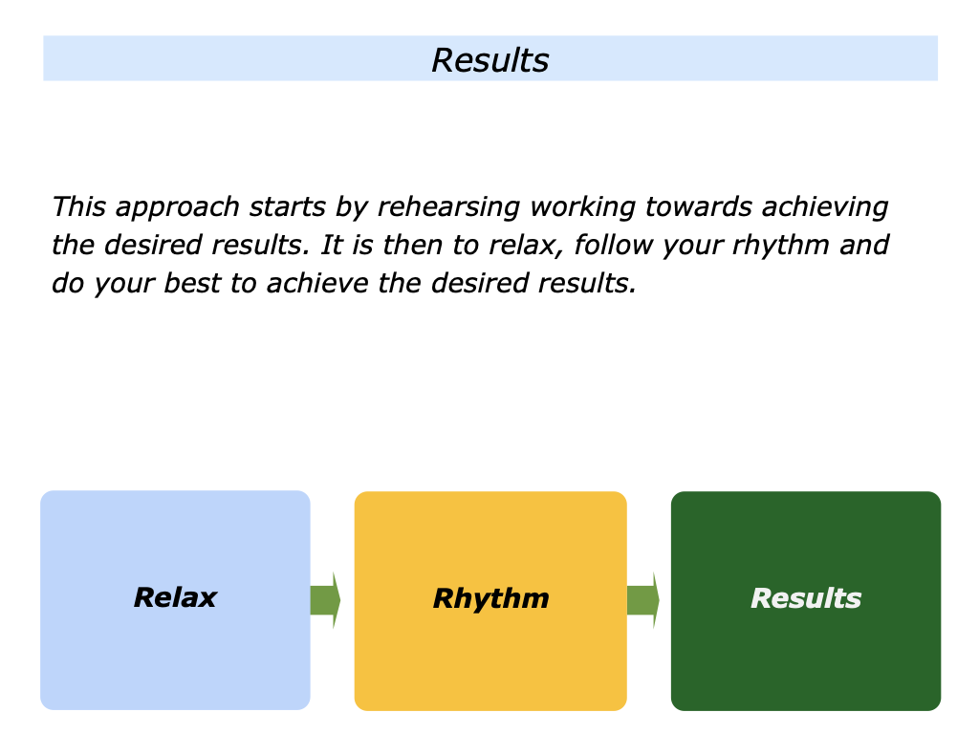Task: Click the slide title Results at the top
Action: pyautogui.click(x=489, y=60)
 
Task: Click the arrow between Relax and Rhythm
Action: pyautogui.click(x=325, y=600)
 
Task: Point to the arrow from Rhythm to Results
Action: pyautogui.click(x=642, y=600)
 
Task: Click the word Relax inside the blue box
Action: pyautogui.click(x=175, y=598)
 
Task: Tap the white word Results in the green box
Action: pyautogui.click(x=806, y=599)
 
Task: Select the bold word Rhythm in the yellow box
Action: pyautogui.click(x=490, y=599)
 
